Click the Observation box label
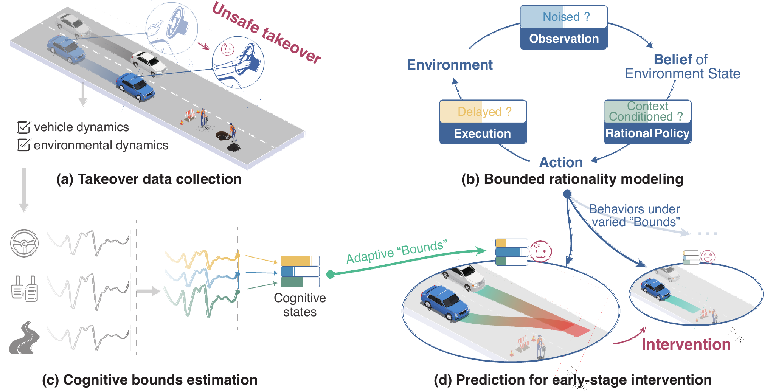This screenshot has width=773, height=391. tap(563, 39)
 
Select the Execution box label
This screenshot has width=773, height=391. tap(482, 133)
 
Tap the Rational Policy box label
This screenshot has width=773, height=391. tap(647, 133)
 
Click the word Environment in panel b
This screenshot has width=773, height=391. tap(450, 65)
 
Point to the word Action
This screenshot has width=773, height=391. tap(561, 162)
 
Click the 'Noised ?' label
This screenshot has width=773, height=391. tap(566, 17)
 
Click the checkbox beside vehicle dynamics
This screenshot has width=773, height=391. tap(23, 127)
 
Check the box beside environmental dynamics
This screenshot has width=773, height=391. tap(23, 145)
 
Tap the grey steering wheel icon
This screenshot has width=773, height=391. tap(24, 243)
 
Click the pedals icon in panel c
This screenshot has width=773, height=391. tap(24, 289)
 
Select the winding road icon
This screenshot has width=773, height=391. tap(24, 338)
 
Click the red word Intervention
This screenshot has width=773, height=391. tap(686, 344)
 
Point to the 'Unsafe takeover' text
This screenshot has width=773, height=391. tap(266, 33)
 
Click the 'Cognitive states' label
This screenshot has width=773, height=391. tap(300, 305)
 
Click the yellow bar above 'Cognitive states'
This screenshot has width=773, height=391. tap(296, 261)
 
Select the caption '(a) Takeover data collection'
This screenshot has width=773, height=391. tap(149, 179)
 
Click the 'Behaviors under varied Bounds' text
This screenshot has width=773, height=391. tap(635, 216)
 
